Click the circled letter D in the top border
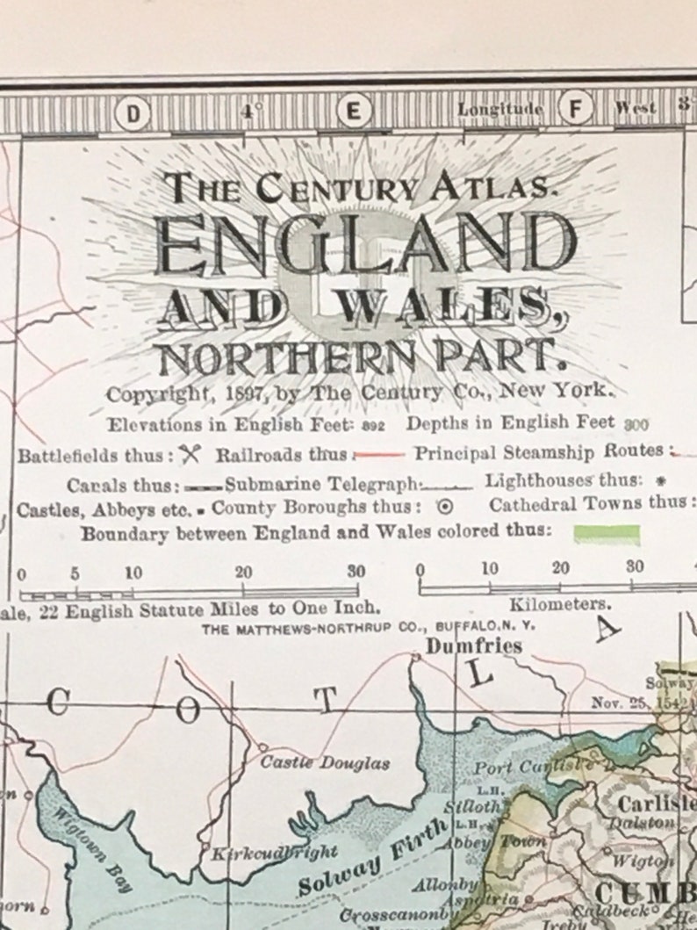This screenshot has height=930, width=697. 133,112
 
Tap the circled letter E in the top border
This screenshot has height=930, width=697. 354,112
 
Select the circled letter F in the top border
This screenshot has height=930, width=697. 576,110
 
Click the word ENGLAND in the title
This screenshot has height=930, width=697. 365,245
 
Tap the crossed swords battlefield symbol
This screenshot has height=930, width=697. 190,455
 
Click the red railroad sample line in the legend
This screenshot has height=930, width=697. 380,456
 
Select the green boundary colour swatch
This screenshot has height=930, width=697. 606,533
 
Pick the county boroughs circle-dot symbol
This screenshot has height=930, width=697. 444,507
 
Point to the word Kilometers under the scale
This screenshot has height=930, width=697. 560,604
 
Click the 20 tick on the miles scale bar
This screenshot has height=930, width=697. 244,573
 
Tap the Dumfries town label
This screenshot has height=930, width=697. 474,646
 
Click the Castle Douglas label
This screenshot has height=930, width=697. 325,762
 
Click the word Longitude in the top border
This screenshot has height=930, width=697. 499,110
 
